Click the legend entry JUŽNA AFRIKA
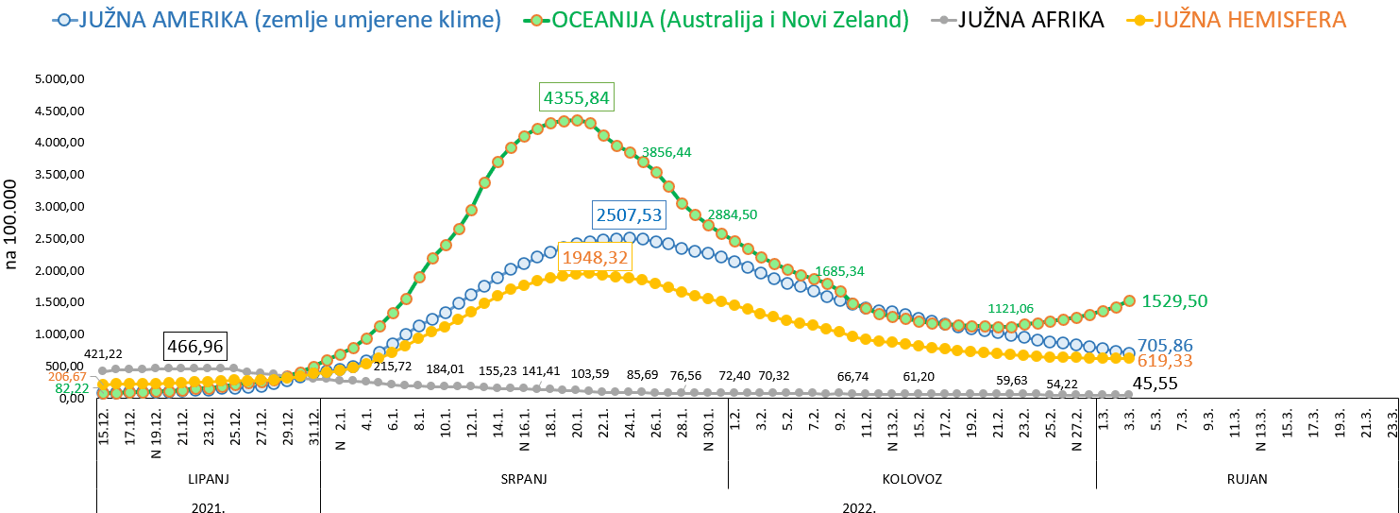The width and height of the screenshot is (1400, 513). (x=1031, y=20)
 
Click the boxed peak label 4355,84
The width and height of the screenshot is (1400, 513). (x=576, y=98)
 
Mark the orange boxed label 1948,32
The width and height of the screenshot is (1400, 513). (x=595, y=257)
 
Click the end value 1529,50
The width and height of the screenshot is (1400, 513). (x=1174, y=301)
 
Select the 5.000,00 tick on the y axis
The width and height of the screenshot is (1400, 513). (x=59, y=79)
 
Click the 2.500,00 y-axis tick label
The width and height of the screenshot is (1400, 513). (x=59, y=239)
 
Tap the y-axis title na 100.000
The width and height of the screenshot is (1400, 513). (x=12, y=224)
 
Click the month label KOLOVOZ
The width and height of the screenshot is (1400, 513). (x=912, y=479)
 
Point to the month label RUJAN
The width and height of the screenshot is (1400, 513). (x=1247, y=479)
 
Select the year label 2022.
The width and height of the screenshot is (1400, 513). (x=859, y=506)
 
